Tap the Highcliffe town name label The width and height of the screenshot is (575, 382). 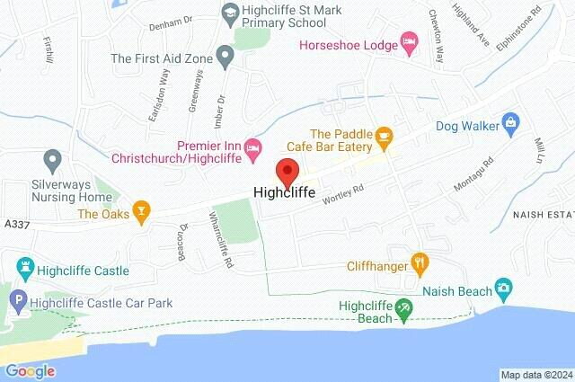pyautogui.click(x=286, y=192)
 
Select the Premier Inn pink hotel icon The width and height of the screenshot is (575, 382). pyautogui.click(x=254, y=145)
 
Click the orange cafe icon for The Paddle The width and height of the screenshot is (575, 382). pyautogui.click(x=385, y=138)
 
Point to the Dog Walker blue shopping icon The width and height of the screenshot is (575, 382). pyautogui.click(x=510, y=120)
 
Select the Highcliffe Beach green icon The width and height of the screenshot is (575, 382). pyautogui.click(x=404, y=309)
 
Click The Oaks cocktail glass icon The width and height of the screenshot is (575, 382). pyautogui.click(x=140, y=212)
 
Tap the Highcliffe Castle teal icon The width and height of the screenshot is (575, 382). pyautogui.click(x=24, y=268)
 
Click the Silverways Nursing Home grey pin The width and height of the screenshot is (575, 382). pyautogui.click(x=53, y=163)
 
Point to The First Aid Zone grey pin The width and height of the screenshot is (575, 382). pyautogui.click(x=226, y=58)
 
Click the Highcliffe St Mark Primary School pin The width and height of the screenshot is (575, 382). pyautogui.click(x=227, y=13)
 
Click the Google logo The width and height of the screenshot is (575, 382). pyautogui.click(x=30, y=370)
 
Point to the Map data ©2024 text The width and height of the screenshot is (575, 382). pyautogui.click(x=535, y=375)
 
